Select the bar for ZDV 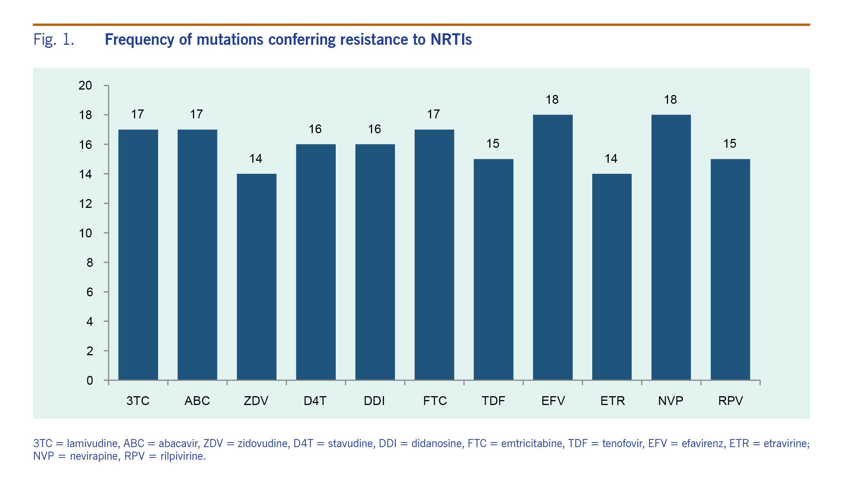pyautogui.click(x=256, y=277)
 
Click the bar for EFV pyautogui.click(x=552, y=247)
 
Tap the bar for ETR pyautogui.click(x=612, y=277)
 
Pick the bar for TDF pyautogui.click(x=493, y=269)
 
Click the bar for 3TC pyautogui.click(x=138, y=255)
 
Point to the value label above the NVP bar pyautogui.click(x=670, y=100)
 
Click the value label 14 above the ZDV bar pyautogui.click(x=256, y=158)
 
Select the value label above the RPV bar pyautogui.click(x=730, y=144)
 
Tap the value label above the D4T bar pyautogui.click(x=315, y=129)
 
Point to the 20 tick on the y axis pyautogui.click(x=85, y=85)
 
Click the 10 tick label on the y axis pyautogui.click(x=85, y=233)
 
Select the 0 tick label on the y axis pyautogui.click(x=90, y=380)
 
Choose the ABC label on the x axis pyautogui.click(x=197, y=401)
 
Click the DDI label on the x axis pyautogui.click(x=374, y=401)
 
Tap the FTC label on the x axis pyautogui.click(x=435, y=401)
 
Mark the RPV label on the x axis pyautogui.click(x=730, y=401)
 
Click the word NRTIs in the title pyautogui.click(x=451, y=39)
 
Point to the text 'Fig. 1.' pyautogui.click(x=54, y=39)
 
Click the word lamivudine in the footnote pyautogui.click(x=92, y=443)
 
